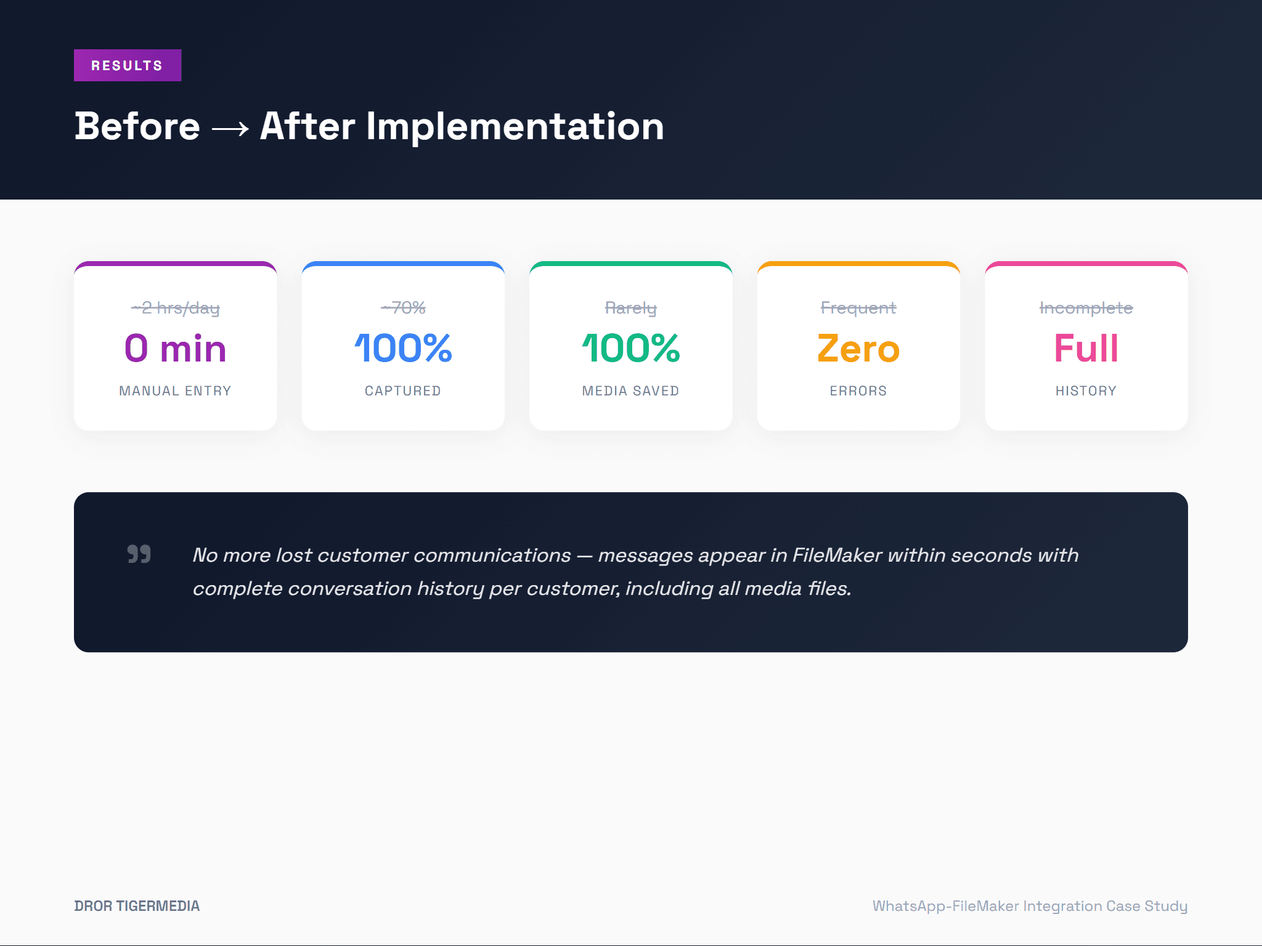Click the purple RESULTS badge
(128, 65)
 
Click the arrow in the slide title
(230, 128)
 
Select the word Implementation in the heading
(515, 126)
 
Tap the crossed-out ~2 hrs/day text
(176, 307)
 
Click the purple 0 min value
(176, 348)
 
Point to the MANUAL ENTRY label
(176, 391)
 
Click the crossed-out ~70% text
(403, 307)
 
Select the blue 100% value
(403, 348)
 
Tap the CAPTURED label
(403, 391)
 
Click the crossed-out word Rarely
(631, 307)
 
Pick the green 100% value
(631, 348)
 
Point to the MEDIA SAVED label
(631, 391)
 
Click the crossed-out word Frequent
(858, 307)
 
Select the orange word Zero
(858, 348)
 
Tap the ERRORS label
(858, 391)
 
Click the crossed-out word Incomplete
(1086, 307)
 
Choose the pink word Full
(1086, 348)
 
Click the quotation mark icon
(139, 554)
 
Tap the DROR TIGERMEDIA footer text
(137, 906)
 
